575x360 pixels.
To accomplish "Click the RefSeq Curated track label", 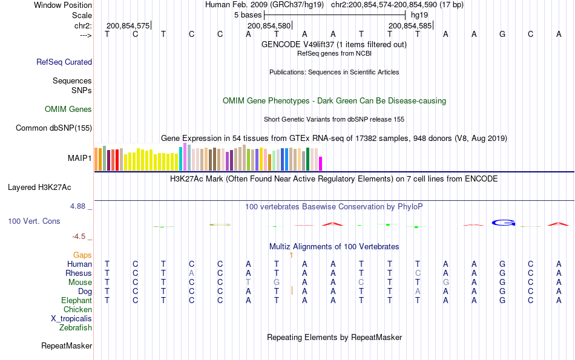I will pos(64,62).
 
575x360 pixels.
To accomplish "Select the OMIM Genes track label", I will pos(68,110).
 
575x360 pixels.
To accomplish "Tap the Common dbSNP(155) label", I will pos(54,128).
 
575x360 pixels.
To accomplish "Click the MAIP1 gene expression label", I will pos(80,158).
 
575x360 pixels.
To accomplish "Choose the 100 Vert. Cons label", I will pos(34,221).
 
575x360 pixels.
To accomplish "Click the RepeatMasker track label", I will pos(67,346).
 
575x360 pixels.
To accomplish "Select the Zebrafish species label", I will pos(76,328).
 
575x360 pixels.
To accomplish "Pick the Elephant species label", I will pos(76,300).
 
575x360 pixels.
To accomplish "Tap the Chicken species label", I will pos(77,310).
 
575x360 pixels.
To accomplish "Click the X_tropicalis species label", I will pos(71,319).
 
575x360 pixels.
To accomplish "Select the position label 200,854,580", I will pos(269,26).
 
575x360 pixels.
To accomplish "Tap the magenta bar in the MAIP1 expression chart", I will pos(321,163).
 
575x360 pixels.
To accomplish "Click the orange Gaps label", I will pos(82,255).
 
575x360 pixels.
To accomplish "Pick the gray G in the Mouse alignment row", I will pos(277,282).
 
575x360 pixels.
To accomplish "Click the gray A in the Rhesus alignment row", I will pos(191,273).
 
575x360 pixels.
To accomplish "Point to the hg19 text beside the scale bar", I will pos(419,15).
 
